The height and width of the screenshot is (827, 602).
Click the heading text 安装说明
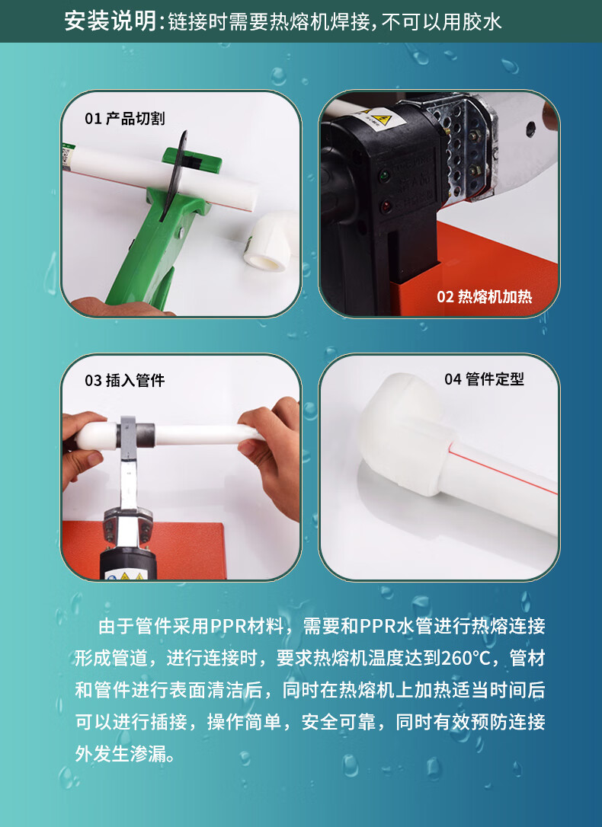pyautogui.click(x=110, y=21)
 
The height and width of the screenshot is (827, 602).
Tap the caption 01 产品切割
pyautogui.click(x=124, y=118)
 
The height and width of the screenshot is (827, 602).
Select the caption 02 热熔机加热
pyautogui.click(x=485, y=296)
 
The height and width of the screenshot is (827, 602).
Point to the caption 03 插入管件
pyautogui.click(x=124, y=380)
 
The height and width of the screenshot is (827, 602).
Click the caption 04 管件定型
pyautogui.click(x=484, y=378)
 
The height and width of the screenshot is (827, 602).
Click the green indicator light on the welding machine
pyautogui.click(x=385, y=174)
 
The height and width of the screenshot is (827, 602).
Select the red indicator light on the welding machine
pyautogui.click(x=386, y=206)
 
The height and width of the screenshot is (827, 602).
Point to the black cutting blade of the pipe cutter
pyautogui.click(x=177, y=174)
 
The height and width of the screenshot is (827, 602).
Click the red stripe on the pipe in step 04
pyautogui.click(x=502, y=469)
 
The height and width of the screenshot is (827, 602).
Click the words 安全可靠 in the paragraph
pyautogui.click(x=338, y=722)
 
